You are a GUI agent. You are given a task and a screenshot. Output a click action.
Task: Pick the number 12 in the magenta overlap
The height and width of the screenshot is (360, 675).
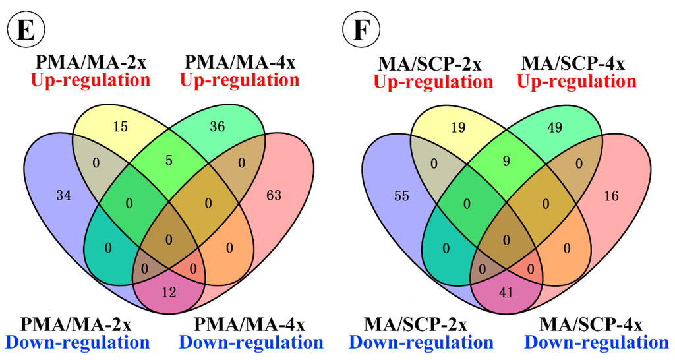[169, 293]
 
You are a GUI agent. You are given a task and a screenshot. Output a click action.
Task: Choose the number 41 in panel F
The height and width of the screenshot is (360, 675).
[506, 293]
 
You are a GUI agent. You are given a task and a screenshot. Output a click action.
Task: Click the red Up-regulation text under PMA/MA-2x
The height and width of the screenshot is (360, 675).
[89, 81]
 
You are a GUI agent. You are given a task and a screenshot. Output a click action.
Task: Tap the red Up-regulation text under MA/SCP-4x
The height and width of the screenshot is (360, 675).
[577, 82]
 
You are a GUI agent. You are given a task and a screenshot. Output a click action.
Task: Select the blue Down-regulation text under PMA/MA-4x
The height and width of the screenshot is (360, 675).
[251, 343]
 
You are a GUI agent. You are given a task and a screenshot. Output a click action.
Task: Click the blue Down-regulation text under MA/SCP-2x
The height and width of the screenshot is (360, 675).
[421, 343]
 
